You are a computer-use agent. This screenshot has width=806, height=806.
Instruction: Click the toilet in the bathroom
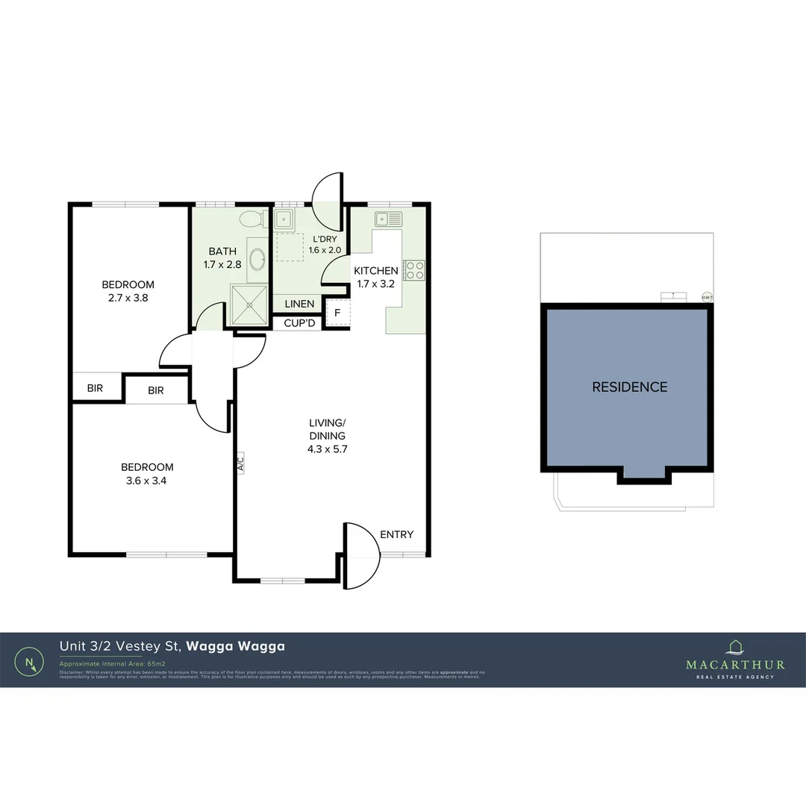click(x=252, y=219)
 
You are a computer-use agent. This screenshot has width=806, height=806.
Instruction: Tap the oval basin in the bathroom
click(x=257, y=260)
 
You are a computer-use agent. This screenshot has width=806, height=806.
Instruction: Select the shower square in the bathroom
click(x=249, y=306)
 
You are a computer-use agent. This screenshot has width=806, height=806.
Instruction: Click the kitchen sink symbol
click(x=389, y=219)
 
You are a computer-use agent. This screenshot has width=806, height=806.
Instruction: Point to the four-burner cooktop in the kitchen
click(x=414, y=270)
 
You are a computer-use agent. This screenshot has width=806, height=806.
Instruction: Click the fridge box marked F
click(x=337, y=313)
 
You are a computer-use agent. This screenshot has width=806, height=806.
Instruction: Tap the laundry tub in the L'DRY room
click(x=284, y=219)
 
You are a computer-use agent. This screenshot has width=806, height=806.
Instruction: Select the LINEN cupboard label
click(x=299, y=304)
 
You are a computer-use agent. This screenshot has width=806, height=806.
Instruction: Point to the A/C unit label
click(x=240, y=463)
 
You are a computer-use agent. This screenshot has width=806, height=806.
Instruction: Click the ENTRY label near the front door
click(x=396, y=534)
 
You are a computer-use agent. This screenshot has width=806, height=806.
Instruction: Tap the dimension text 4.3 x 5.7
click(x=328, y=449)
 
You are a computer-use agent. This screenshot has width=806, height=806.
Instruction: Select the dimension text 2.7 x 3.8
click(x=128, y=297)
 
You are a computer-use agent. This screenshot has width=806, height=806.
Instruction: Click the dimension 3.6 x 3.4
click(x=147, y=481)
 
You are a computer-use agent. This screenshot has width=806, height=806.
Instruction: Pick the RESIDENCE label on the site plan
click(x=629, y=387)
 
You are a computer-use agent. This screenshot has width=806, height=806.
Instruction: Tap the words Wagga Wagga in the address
click(x=235, y=646)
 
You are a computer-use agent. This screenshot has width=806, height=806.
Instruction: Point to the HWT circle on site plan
click(x=707, y=296)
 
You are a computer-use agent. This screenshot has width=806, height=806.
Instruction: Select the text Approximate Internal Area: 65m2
click(x=112, y=663)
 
